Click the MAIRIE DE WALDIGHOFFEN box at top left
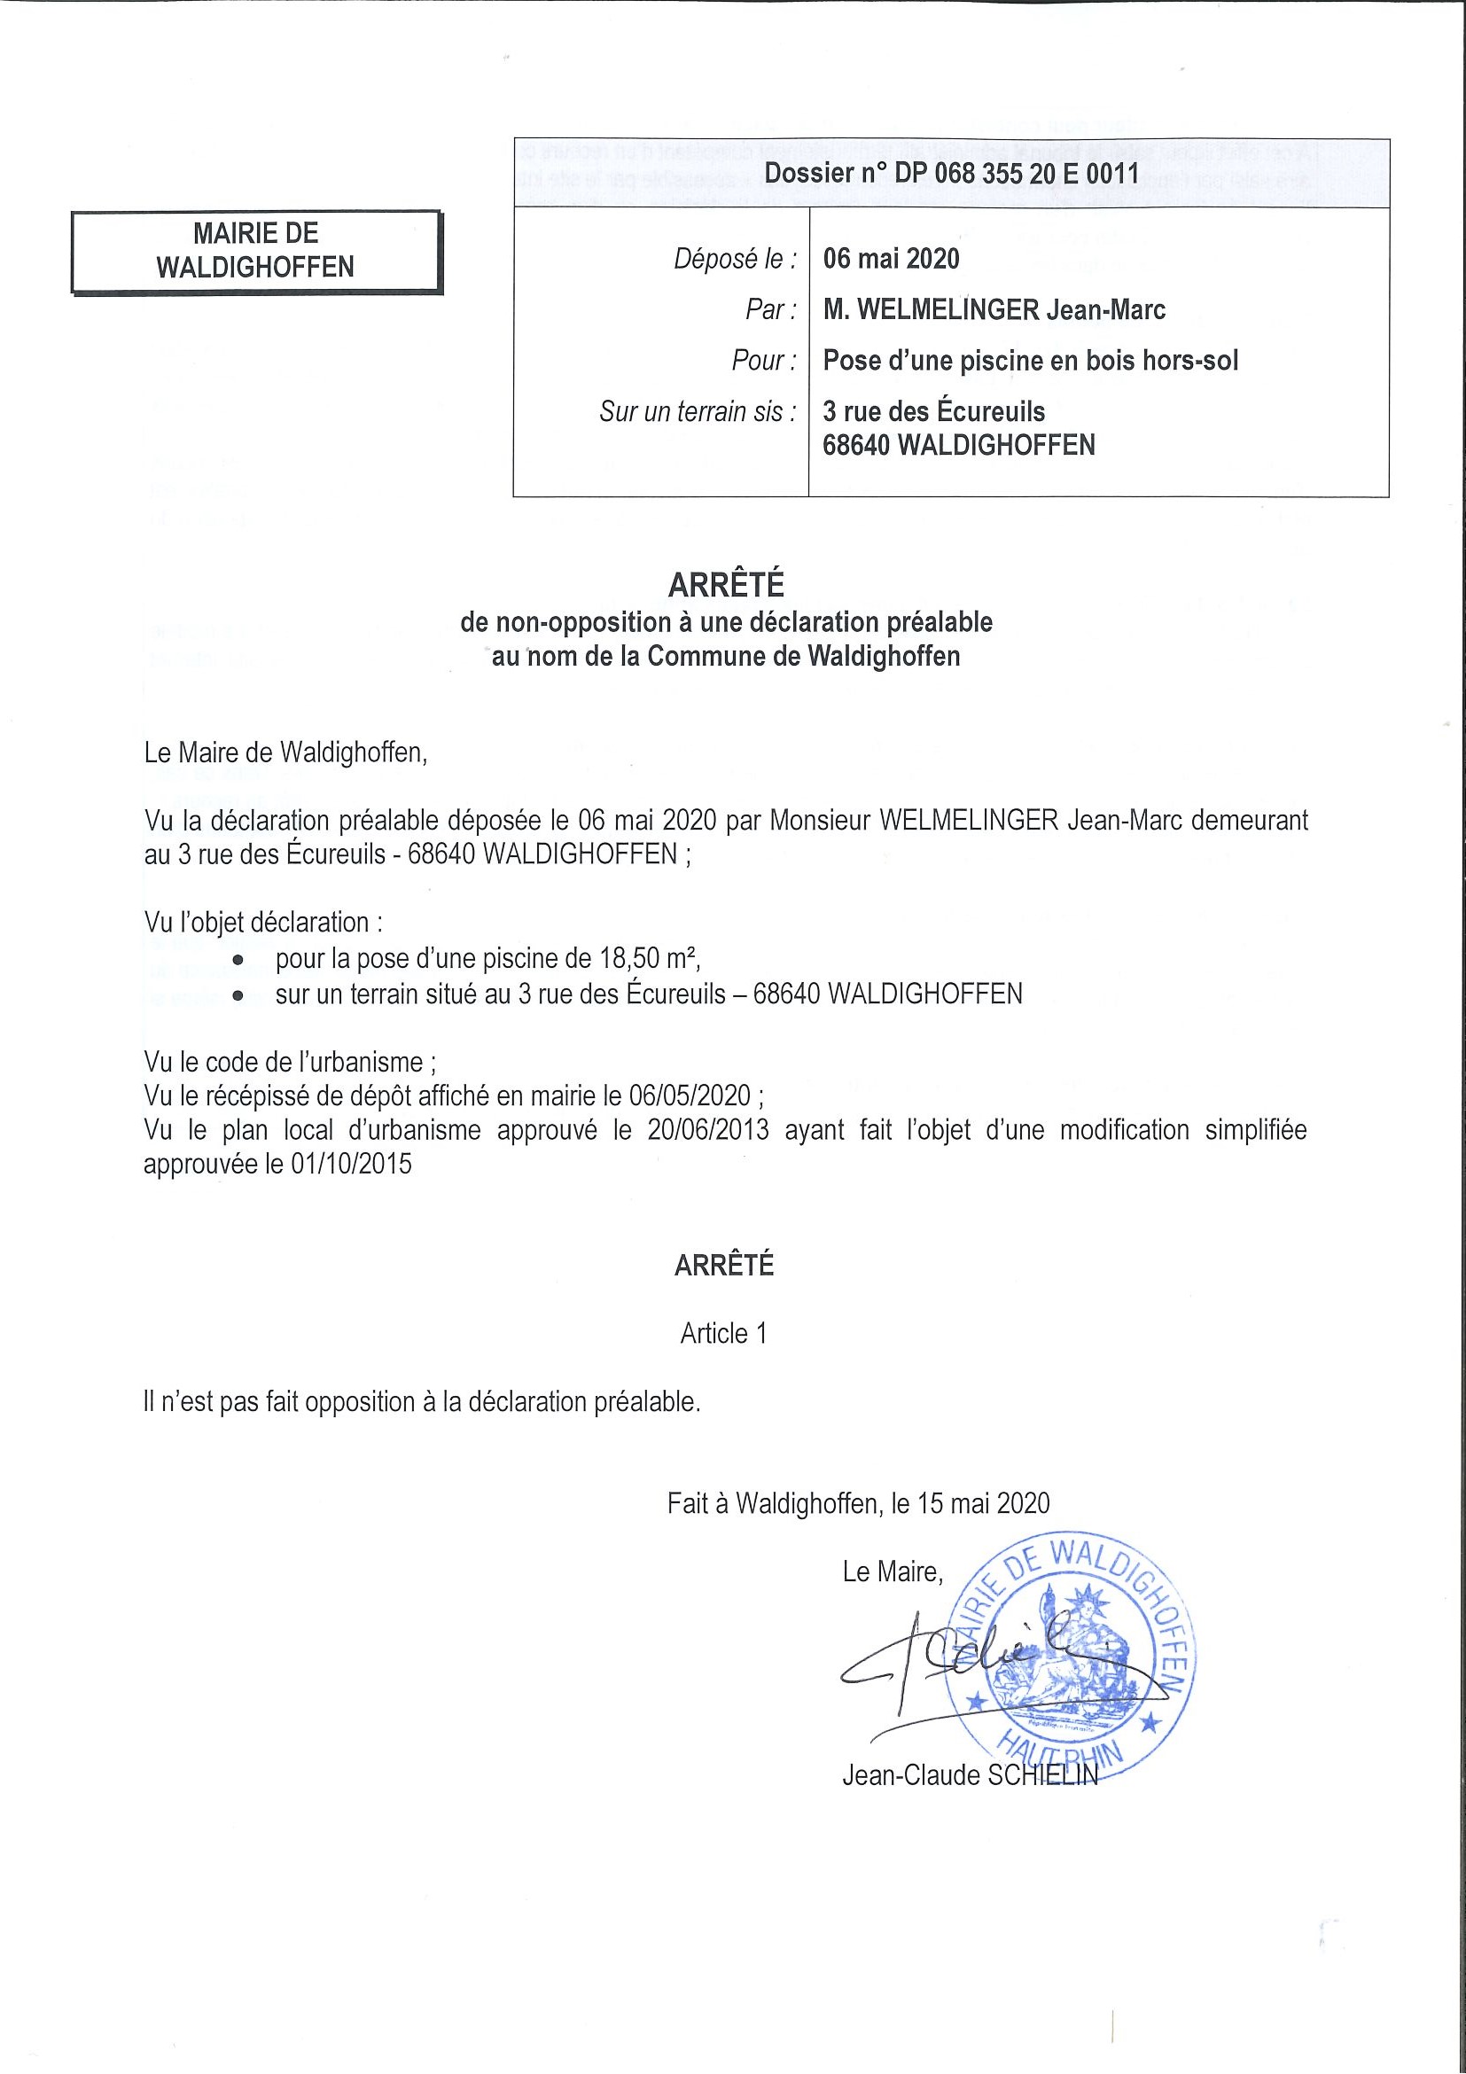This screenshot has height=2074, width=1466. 256,251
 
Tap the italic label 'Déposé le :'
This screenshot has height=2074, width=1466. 736,259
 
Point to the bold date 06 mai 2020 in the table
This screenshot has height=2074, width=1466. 891,259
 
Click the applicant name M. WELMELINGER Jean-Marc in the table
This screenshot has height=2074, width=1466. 994,310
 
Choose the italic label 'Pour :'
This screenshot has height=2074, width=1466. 764,361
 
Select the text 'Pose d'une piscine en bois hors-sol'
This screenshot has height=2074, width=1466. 1030,361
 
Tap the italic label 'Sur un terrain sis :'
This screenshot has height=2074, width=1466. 698,412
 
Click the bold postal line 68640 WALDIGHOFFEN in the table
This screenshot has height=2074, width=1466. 958,445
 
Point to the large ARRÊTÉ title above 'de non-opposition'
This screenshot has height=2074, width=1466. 726,585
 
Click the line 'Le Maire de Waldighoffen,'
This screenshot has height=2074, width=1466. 285,752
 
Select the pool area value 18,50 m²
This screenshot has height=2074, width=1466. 649,957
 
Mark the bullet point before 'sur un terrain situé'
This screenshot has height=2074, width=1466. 238,995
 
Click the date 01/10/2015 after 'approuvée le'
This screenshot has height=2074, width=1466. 351,1165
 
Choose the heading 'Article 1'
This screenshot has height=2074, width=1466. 723,1334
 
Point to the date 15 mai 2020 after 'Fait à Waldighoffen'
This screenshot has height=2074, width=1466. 983,1503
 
